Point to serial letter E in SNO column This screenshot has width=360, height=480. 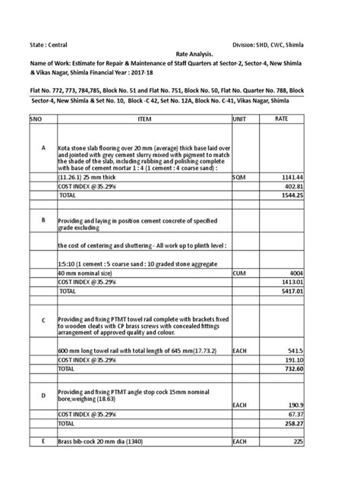(x=44, y=441)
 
